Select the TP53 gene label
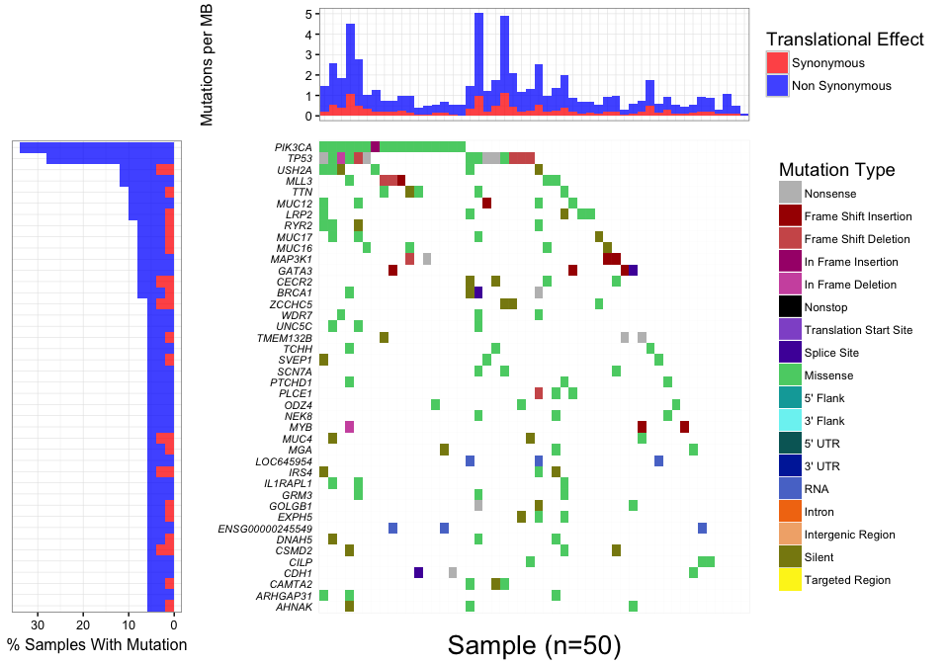pyautogui.click(x=300, y=158)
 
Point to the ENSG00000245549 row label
pyautogui.click(x=265, y=529)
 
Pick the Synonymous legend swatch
pyautogui.click(x=778, y=63)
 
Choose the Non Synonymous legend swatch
pyautogui.click(x=778, y=86)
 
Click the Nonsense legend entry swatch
pyautogui.click(x=790, y=194)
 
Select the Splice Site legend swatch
pyautogui.click(x=790, y=353)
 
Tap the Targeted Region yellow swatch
pyautogui.click(x=790, y=580)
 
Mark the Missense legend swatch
pyautogui.click(x=790, y=375)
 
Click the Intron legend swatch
pyautogui.click(x=790, y=512)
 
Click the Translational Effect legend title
pyautogui.click(x=844, y=40)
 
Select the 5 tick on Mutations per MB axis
pyautogui.click(x=310, y=14)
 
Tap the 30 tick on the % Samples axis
pyautogui.click(x=40, y=625)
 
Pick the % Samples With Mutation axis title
pyautogui.click(x=96, y=645)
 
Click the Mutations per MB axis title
pyautogui.click(x=208, y=65)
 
